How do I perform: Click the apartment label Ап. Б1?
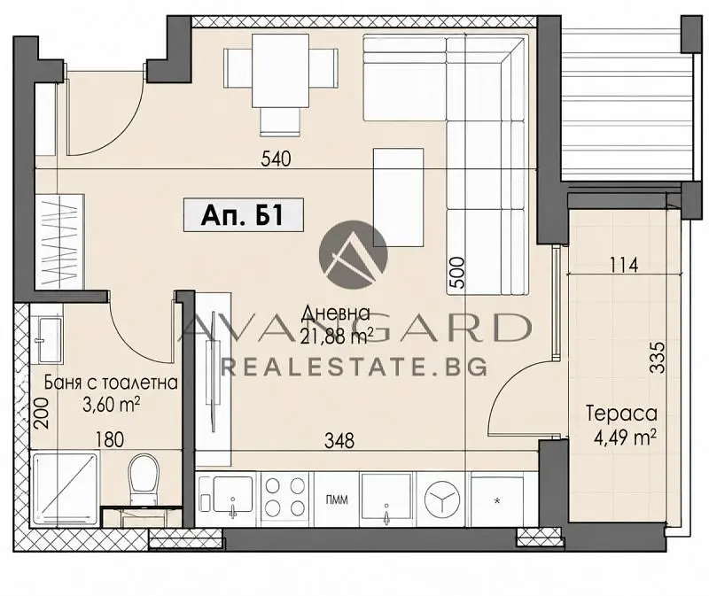point(243,215)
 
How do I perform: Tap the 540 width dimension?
point(276,159)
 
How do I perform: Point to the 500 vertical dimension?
point(457,273)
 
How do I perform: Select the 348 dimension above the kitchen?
point(339,440)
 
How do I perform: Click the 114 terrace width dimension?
point(624,265)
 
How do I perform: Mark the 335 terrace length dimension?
point(657,358)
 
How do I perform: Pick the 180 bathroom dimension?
point(110,439)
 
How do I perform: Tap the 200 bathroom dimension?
point(41,413)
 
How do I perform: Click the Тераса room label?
point(621,414)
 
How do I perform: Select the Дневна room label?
point(336,313)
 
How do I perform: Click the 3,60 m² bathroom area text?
point(111,405)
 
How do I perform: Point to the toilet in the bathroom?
point(144,478)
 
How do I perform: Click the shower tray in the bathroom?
point(65,489)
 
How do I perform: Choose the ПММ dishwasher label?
point(337,499)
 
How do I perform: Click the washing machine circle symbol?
point(442,499)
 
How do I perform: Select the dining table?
point(281,71)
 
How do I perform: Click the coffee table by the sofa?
point(398,197)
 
